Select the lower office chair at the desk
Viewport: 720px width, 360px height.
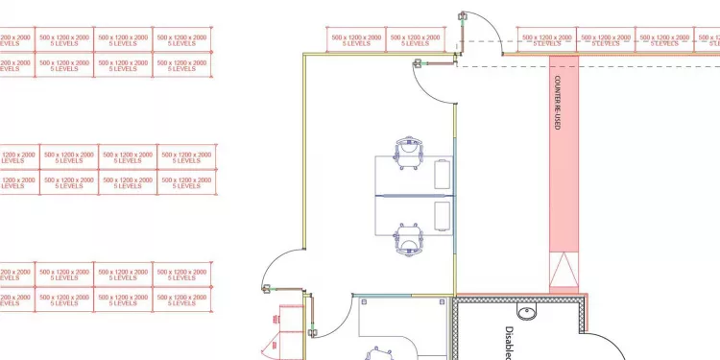410,238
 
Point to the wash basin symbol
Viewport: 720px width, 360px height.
526,312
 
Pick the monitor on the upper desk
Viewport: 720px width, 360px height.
443,174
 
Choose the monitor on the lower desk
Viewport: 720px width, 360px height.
443,215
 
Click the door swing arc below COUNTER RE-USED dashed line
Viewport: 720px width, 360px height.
428,92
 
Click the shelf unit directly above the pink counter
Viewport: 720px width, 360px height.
547,39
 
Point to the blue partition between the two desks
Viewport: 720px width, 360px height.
413,195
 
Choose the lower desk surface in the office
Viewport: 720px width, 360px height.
403,215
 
